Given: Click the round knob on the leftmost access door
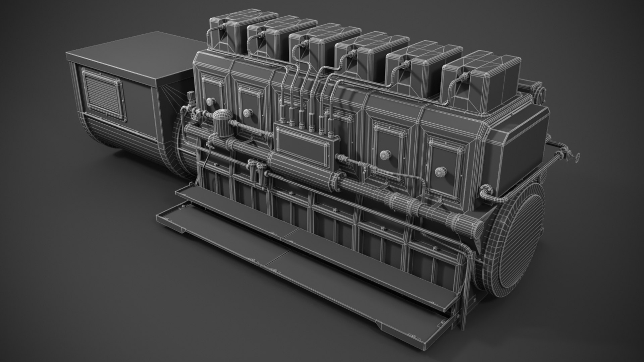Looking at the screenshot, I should click(x=210, y=101).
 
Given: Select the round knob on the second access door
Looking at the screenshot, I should click(x=248, y=113).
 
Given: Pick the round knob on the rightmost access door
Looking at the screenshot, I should click(x=440, y=172).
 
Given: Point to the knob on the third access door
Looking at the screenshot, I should click(x=384, y=155).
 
